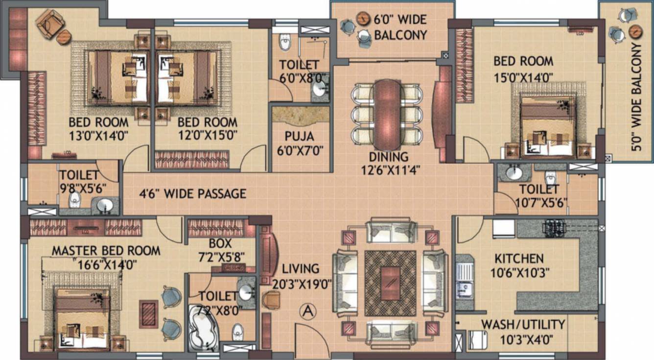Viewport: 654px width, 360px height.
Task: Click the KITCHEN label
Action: pos(518,259)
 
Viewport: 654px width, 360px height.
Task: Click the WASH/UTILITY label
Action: pos(523,324)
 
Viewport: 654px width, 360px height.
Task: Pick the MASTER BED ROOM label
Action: pos(106,251)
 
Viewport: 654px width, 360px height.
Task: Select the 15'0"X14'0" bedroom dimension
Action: pos(523,76)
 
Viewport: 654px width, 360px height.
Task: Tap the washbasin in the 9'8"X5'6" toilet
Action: pos(104,206)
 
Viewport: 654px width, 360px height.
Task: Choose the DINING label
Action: pos(388,157)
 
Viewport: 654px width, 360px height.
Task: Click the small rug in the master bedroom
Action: pos(148,314)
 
